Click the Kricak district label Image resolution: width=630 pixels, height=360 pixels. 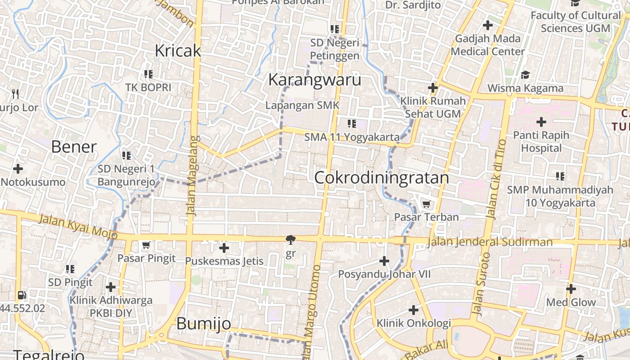tap(178, 51)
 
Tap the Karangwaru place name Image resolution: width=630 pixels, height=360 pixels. tap(315, 80)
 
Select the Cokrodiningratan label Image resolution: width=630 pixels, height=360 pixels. tap(382, 178)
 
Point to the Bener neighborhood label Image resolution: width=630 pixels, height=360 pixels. tap(74, 147)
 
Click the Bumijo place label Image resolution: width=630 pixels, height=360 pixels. tap(203, 323)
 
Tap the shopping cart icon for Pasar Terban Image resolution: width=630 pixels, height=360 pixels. tap(426, 204)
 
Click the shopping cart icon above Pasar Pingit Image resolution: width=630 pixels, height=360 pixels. tap(146, 245)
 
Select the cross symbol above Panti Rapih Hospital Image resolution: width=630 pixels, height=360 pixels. tap(541, 121)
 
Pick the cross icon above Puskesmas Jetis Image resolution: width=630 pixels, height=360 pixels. tap(224, 247)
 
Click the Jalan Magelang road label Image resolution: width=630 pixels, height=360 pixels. tap(193, 175)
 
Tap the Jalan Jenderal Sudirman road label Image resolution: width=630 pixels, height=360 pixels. tap(490, 242)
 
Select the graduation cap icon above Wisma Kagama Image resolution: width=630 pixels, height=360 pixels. tap(525, 75)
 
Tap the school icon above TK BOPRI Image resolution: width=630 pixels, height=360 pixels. tap(148, 74)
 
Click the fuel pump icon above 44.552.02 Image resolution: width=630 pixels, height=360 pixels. tap(22, 296)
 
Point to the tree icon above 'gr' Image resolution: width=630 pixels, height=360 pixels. tap(291, 240)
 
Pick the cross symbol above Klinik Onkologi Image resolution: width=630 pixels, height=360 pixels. tap(413, 310)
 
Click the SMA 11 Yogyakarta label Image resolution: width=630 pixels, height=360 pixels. tap(352, 137)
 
